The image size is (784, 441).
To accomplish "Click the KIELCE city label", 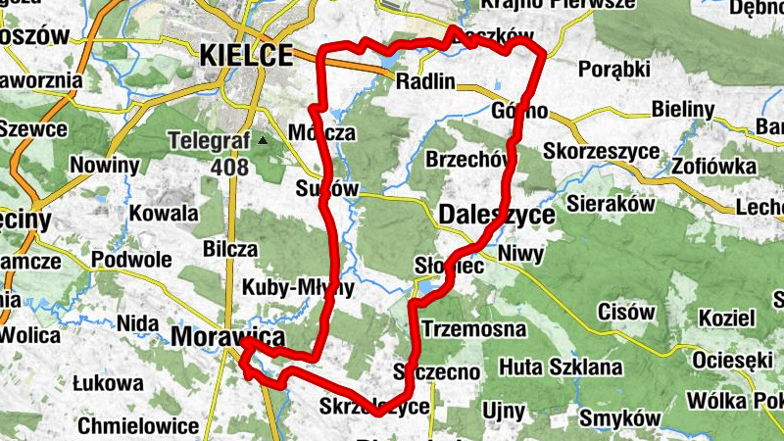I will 246,55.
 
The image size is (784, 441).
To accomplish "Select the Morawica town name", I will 227,337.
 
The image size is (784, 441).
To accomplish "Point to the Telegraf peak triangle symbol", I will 262,140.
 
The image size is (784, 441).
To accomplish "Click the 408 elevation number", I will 228,168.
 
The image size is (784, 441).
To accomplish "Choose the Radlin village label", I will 426,82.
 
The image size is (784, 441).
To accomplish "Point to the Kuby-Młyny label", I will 297,290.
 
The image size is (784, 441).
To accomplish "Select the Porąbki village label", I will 614,69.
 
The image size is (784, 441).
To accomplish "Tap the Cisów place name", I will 626,313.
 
